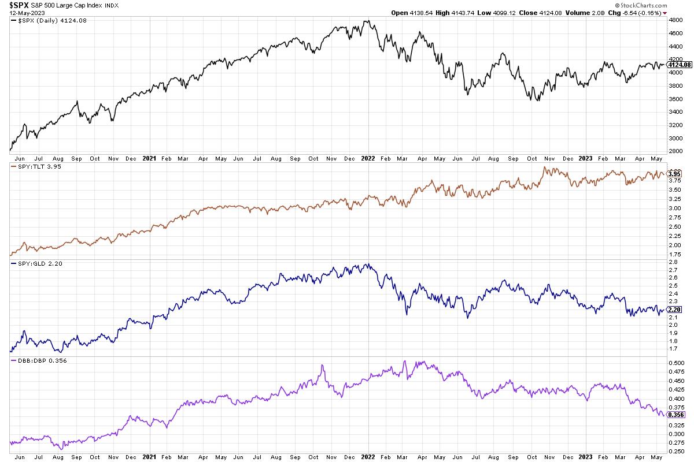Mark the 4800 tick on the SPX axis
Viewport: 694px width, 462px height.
click(x=674, y=20)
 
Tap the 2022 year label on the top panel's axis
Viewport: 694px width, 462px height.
click(x=368, y=158)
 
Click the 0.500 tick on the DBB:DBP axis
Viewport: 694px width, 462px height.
click(x=675, y=363)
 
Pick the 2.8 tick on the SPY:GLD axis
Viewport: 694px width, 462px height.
click(x=672, y=262)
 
